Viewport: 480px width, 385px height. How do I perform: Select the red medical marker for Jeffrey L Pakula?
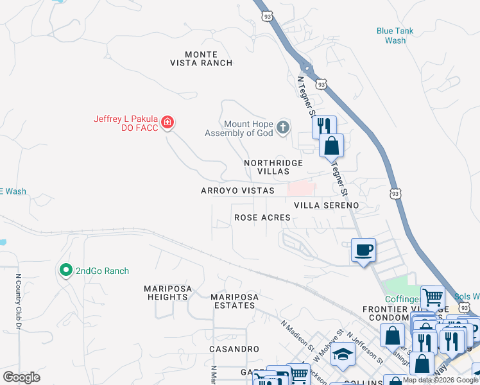[x=167, y=122]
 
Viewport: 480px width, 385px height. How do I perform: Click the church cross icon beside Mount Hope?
[x=283, y=128]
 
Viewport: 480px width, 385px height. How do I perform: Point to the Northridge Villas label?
[x=273, y=167]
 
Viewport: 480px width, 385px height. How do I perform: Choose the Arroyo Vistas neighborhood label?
[x=237, y=191]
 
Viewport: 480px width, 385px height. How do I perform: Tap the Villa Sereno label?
[x=326, y=205]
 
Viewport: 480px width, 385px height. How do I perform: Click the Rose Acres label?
[x=262, y=218]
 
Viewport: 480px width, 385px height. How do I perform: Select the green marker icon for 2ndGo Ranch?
[x=65, y=271]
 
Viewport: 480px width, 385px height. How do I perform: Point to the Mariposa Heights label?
[x=166, y=293]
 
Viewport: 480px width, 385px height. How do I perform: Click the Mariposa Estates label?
[x=234, y=301]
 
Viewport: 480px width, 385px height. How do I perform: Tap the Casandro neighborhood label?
[x=234, y=349]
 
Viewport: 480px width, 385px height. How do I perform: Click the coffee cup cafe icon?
[x=363, y=249]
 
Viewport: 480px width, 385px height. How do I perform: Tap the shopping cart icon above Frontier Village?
[x=433, y=297]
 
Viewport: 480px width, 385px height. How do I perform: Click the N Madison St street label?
[x=295, y=333]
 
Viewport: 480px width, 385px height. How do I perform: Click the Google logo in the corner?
[x=21, y=377]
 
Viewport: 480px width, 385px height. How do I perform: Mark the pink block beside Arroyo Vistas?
[x=300, y=188]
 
